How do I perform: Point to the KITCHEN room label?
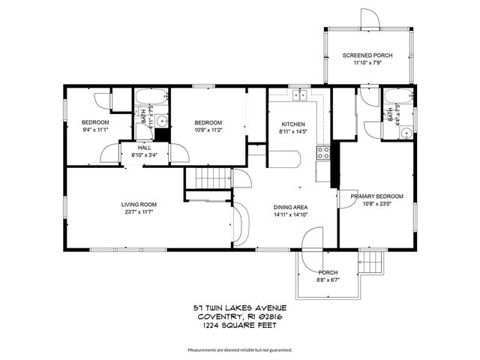coord(292,124)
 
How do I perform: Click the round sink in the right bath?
coord(404,133)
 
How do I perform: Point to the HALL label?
coord(145,148)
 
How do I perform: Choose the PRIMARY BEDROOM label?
coord(377,196)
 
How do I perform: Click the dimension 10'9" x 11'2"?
coord(208,130)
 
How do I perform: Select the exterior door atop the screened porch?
coord(367,18)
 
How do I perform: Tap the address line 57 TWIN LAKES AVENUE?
coord(239,307)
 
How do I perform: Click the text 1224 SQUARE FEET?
coord(239,324)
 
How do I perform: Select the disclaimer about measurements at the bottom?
coord(239,350)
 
